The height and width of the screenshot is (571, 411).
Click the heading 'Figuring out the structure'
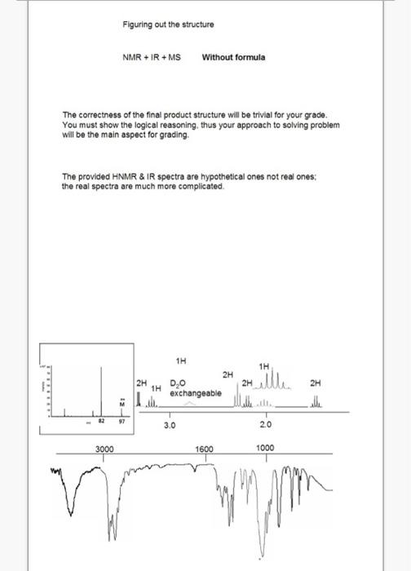(168, 24)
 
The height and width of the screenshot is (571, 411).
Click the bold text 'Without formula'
(233, 57)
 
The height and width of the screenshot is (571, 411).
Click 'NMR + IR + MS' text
(152, 57)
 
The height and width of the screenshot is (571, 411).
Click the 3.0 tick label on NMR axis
(170, 426)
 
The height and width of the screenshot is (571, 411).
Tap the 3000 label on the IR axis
(104, 449)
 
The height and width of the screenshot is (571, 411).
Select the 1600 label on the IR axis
(205, 449)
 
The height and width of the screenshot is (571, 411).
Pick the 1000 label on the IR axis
(266, 449)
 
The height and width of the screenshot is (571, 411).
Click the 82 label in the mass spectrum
(103, 423)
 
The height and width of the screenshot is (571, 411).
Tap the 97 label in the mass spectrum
(122, 423)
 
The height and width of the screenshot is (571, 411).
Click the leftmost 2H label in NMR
(141, 382)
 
